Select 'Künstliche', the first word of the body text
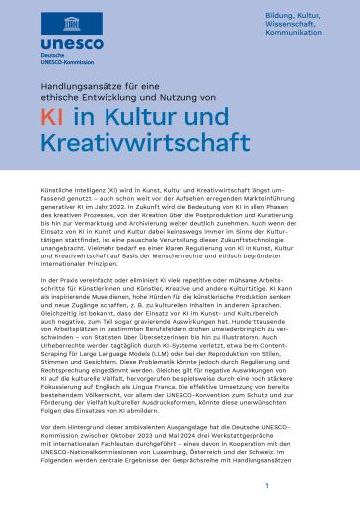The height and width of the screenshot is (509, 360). coord(56,213)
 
